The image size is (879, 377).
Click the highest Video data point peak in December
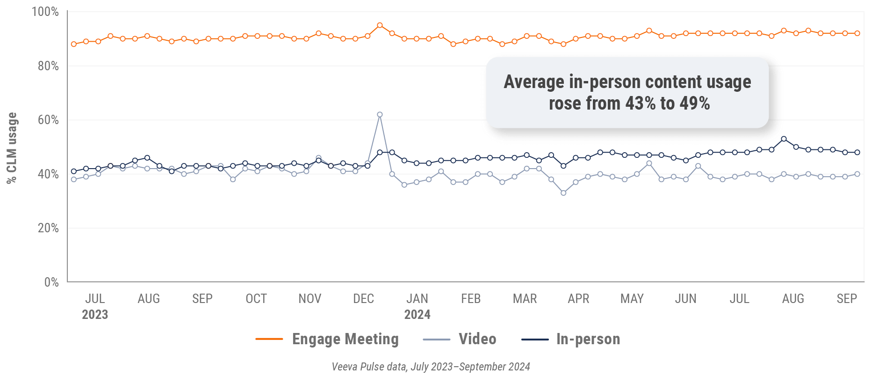[x=380, y=115]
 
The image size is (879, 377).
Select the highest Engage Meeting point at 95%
[x=380, y=25]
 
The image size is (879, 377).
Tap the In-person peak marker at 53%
[x=784, y=139]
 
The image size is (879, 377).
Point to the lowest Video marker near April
[x=563, y=193]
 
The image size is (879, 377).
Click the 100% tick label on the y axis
[x=45, y=12]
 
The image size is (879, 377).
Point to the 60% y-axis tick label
[x=48, y=120]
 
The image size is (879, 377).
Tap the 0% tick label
[x=51, y=282]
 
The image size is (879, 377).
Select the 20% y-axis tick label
[x=48, y=228]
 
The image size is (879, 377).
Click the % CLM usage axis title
[x=12, y=148]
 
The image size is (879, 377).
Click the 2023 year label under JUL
[x=95, y=314]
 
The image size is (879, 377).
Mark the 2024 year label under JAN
[x=417, y=314]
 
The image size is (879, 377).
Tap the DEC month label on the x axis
[x=363, y=299]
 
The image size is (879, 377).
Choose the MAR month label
[x=525, y=299]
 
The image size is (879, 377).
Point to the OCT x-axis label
[x=256, y=299]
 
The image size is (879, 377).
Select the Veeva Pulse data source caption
[x=431, y=367]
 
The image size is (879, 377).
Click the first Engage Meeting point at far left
[x=74, y=44]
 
